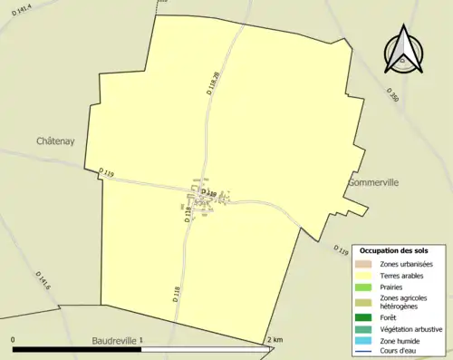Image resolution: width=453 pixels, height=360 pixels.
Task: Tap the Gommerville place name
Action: point(373,182)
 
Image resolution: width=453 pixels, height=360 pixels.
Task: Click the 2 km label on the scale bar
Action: point(275,339)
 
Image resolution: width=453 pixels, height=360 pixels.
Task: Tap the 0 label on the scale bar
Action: point(13,339)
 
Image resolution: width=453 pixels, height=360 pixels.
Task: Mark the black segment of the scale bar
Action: point(76,349)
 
